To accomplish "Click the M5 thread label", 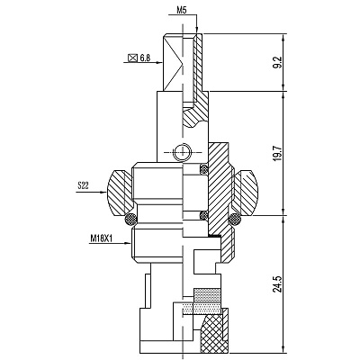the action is point(181,11).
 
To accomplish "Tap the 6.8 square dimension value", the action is point(145,58).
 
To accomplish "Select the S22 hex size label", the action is point(83,185).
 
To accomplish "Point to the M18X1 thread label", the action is point(101,238).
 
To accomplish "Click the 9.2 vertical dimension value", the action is point(278,62).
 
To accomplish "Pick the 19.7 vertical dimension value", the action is point(278,153).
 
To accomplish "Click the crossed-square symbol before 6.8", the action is point(132,58).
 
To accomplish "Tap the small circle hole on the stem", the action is point(183,152).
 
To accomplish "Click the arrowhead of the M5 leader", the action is point(197,30).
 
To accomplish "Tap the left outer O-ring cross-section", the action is point(130,220).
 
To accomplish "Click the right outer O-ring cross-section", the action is point(234,220).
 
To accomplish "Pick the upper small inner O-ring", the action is point(204,168).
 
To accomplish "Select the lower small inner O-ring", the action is point(204,215).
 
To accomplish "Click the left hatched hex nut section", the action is point(119,193).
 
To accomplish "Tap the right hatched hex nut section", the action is point(245,193).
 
